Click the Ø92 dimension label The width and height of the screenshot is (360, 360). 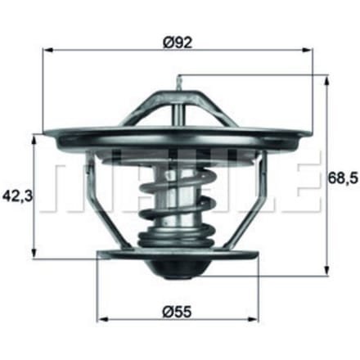pyautogui.click(x=178, y=43)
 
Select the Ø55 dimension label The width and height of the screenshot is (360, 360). pyautogui.click(x=178, y=312)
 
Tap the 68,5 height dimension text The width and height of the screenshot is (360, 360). pyautogui.click(x=343, y=178)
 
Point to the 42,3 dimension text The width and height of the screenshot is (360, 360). pyautogui.click(x=18, y=196)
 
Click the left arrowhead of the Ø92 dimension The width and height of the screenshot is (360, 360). pyautogui.click(x=48, y=50)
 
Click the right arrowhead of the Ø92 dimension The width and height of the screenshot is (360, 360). pyautogui.click(x=307, y=50)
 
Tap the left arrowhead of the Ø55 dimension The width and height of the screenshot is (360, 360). pyautogui.click(x=102, y=319)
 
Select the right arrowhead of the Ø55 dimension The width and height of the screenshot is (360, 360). pyautogui.click(x=253, y=319)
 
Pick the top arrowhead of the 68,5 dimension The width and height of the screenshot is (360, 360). pyautogui.click(x=326, y=81)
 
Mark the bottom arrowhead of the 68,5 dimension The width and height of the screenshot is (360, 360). pyautogui.click(x=326, y=271)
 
